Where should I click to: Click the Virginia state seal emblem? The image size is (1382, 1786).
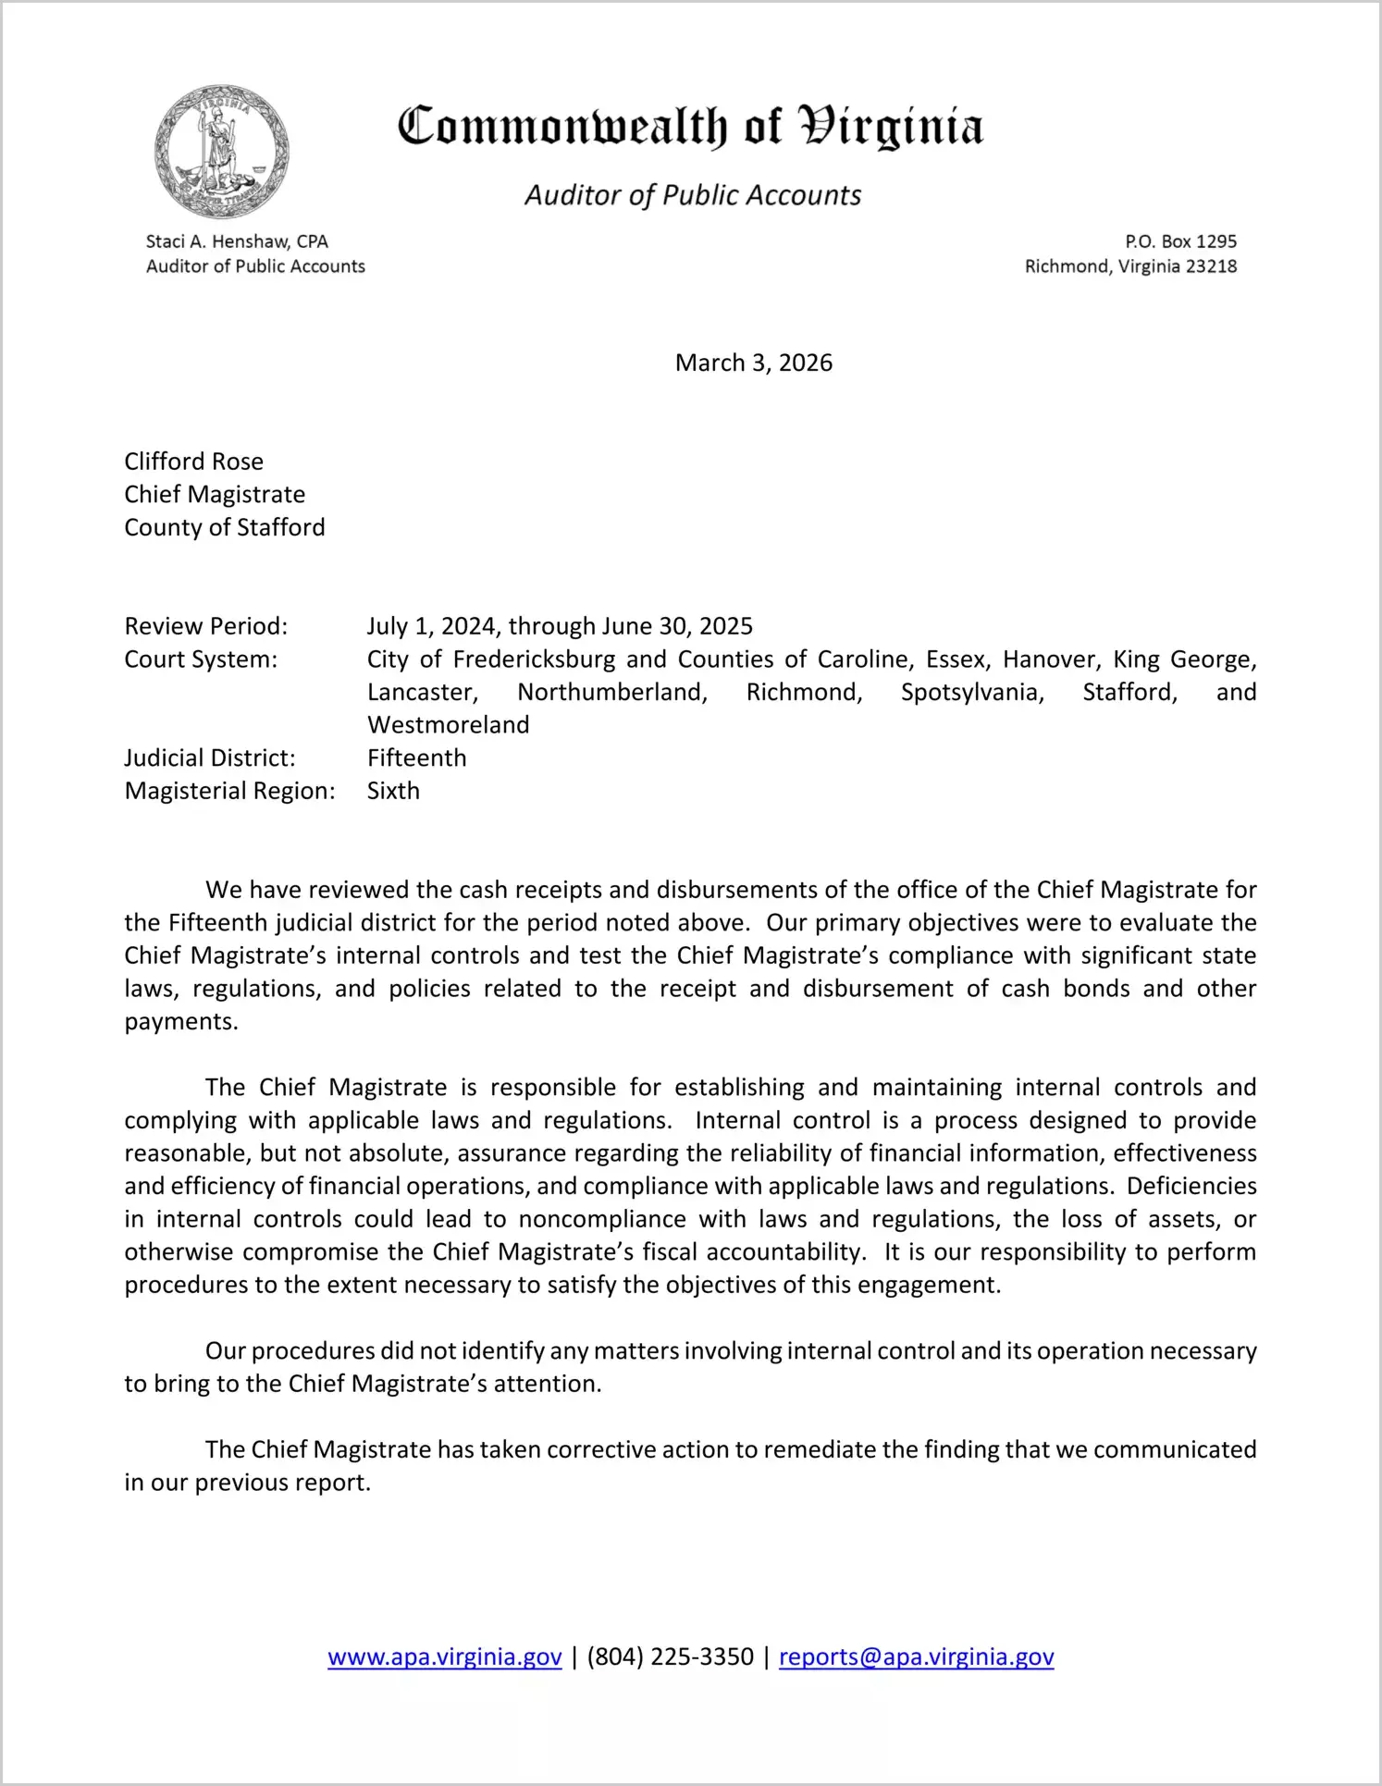[x=222, y=153]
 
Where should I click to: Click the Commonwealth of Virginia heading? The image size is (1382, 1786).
[x=690, y=127]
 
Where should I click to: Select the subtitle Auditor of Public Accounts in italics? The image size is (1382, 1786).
[x=693, y=195]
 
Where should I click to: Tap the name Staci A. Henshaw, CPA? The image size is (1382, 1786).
[x=237, y=241]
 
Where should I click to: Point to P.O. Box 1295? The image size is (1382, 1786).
[x=1180, y=241]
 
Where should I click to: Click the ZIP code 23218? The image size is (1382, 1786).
[x=1211, y=266]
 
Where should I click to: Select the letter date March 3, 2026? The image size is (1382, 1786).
[x=753, y=363]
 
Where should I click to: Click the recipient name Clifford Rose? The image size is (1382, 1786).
[x=194, y=462]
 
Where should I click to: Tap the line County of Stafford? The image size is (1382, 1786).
[x=225, y=527]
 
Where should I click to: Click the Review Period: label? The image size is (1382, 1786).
[x=206, y=626]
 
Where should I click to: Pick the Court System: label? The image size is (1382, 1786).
[x=201, y=659]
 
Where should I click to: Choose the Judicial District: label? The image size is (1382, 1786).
[x=210, y=758]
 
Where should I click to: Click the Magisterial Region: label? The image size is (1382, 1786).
[x=229, y=791]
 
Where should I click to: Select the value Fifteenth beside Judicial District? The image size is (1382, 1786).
[x=416, y=758]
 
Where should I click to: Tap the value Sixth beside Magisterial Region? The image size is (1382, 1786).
[x=393, y=791]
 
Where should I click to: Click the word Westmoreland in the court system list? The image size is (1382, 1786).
[x=448, y=725]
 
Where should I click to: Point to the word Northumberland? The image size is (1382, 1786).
[x=611, y=692]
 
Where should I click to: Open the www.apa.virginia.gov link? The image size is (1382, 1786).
[x=445, y=1657]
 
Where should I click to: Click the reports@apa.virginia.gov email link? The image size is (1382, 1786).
[x=916, y=1657]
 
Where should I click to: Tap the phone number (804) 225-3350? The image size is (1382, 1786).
[x=670, y=1657]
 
